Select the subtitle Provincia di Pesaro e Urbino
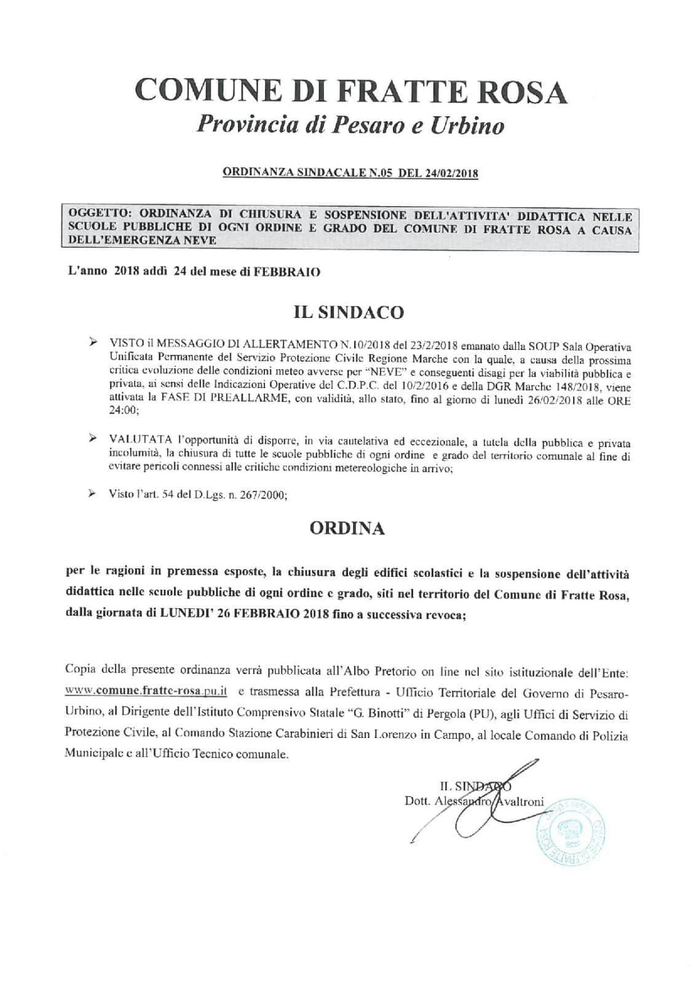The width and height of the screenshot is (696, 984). [x=350, y=125]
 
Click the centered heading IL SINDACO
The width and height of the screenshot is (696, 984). [x=349, y=312]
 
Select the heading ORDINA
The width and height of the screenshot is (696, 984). [x=348, y=528]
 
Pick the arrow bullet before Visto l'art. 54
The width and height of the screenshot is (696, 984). [x=93, y=494]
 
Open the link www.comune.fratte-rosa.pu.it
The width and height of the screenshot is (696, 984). [x=146, y=691]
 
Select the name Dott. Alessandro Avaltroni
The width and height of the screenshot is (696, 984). [x=473, y=801]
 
